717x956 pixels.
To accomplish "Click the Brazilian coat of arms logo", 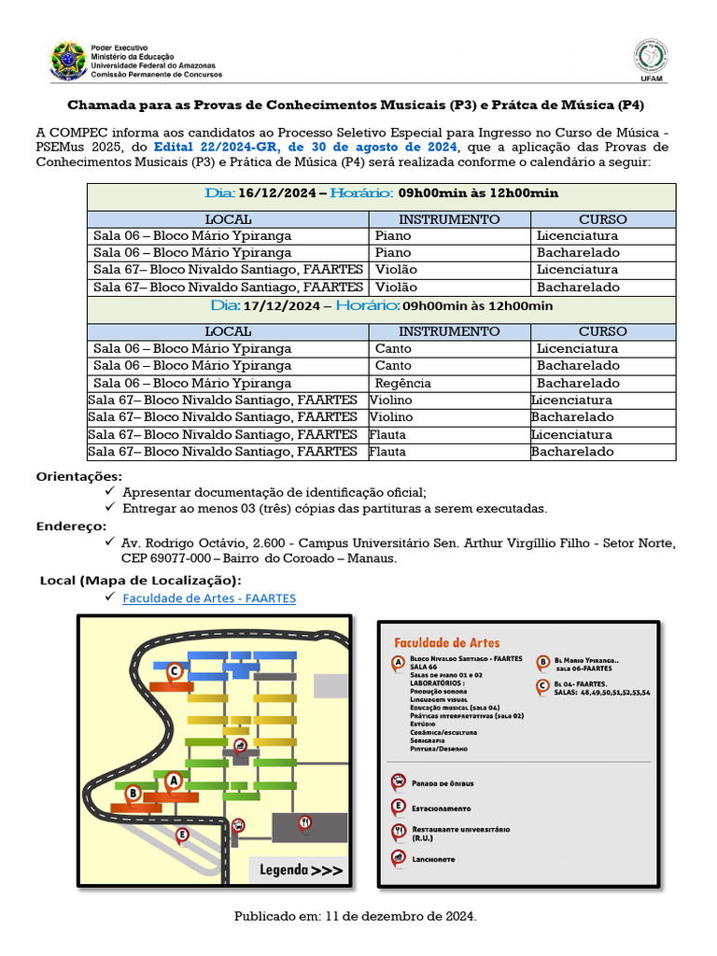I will [x=67, y=60].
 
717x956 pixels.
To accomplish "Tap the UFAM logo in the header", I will [x=652, y=60].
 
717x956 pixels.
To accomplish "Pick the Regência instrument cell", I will [x=402, y=383].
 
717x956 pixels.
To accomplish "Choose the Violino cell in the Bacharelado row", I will [x=390, y=417].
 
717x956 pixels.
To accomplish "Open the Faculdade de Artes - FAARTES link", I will [x=209, y=597].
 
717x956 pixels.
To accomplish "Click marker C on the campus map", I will [x=173, y=671].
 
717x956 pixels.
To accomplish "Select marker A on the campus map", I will [x=173, y=777].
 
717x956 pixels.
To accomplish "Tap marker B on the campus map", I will [x=133, y=793].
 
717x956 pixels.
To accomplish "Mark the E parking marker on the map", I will [x=182, y=834].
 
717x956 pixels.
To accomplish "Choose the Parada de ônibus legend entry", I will [x=442, y=783].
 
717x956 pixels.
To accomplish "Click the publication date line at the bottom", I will [x=355, y=917].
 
